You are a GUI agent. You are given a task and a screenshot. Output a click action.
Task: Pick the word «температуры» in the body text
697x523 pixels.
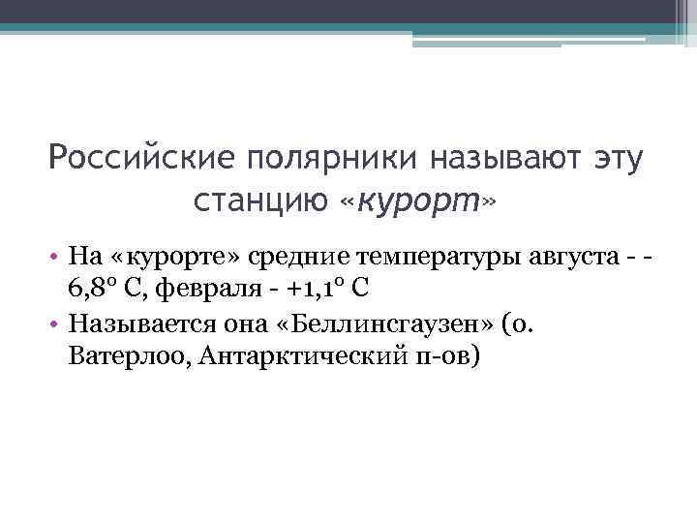point(432,257)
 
